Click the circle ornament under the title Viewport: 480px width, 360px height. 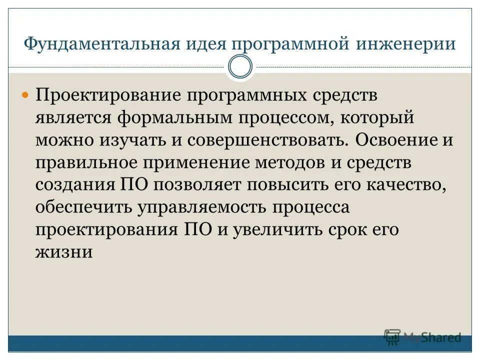(x=240, y=66)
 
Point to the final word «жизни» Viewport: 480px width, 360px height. (x=64, y=251)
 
